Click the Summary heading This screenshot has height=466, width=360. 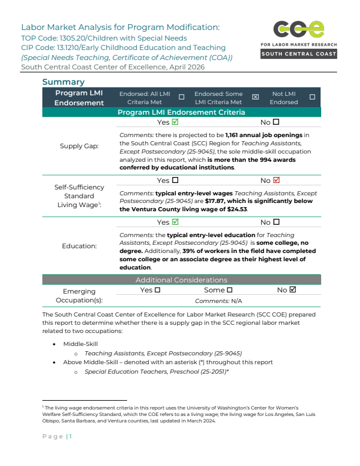(x=63, y=82)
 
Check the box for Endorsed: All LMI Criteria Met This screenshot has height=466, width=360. (x=181, y=97)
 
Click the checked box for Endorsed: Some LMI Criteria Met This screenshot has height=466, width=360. (x=255, y=97)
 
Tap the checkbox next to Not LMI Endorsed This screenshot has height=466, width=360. (x=312, y=97)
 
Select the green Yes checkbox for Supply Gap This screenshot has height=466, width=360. (x=175, y=122)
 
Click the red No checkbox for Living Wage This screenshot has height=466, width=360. (x=276, y=180)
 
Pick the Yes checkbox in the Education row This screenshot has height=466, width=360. (x=175, y=222)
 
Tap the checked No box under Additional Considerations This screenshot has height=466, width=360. (x=293, y=290)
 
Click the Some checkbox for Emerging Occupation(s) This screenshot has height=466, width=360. (x=229, y=290)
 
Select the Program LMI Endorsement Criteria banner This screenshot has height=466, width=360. (x=181, y=112)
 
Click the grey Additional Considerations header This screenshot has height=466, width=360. (x=181, y=280)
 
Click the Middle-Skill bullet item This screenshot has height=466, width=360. (x=81, y=344)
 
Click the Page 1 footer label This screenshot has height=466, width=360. (x=56, y=436)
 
